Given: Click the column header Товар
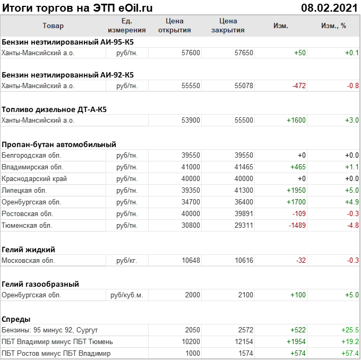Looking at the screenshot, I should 53,26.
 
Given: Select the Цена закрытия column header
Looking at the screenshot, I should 228,25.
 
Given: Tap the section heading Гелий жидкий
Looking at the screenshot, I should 29,250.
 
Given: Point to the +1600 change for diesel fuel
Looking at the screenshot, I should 296,120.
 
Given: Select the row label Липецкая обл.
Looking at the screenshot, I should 24,190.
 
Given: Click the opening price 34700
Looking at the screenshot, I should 191,202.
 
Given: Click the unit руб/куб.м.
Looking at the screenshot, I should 126,295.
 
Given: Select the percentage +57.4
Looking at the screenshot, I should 350,353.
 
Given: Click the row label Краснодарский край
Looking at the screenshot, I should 35,178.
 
